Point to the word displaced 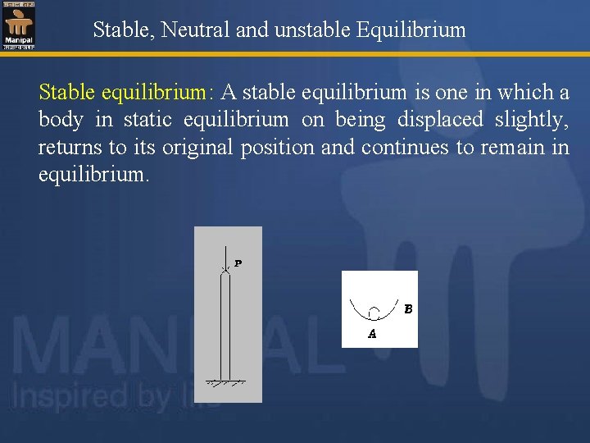[440, 120]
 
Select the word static [147, 120]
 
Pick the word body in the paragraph [61, 120]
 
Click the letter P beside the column [238, 263]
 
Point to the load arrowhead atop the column [227, 269]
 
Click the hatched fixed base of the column [227, 382]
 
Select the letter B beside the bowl [407, 309]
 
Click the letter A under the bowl [372, 334]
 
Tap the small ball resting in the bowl [374, 313]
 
